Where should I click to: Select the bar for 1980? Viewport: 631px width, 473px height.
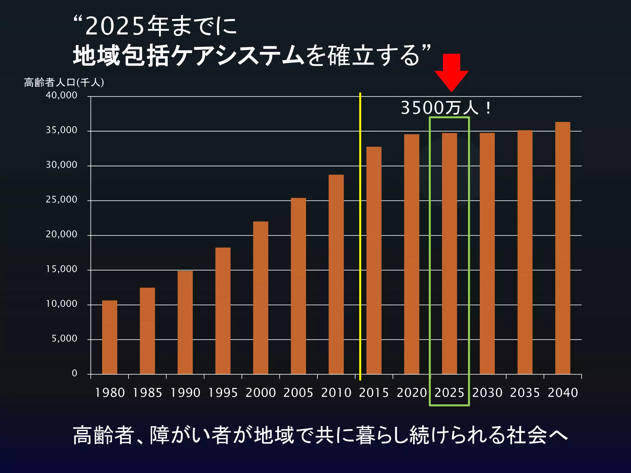click(110, 337)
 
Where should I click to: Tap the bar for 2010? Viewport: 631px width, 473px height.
click(336, 274)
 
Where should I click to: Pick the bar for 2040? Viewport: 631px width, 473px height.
click(563, 248)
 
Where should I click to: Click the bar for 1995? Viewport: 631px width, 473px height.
click(223, 311)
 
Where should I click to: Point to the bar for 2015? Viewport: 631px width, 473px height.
click(374, 260)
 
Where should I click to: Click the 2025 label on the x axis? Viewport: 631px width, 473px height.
click(449, 393)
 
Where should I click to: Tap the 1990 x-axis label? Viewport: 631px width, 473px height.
click(185, 393)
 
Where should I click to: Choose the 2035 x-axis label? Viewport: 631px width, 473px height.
click(525, 393)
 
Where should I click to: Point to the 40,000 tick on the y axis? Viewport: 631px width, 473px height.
click(61, 95)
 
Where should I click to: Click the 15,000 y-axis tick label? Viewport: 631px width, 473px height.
click(61, 269)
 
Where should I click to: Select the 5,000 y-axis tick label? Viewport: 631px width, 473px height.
click(64, 339)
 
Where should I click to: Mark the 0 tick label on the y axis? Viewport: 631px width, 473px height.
click(74, 374)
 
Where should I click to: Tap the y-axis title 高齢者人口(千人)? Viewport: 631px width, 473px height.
click(64, 83)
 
